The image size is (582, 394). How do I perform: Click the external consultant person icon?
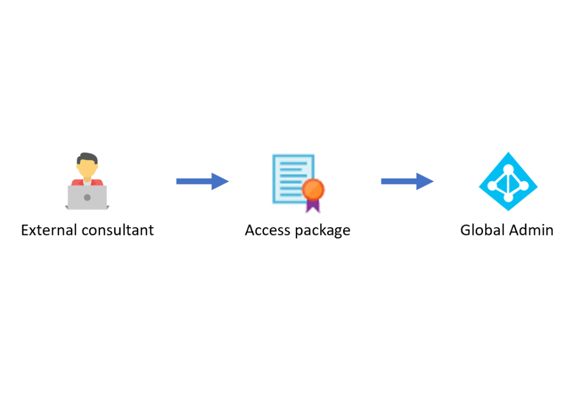[86, 181]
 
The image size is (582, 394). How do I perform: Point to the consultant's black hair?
[87, 157]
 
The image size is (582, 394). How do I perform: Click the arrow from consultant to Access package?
[202, 181]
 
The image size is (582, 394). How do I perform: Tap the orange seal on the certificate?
[312, 188]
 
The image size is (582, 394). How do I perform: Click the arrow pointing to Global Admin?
[407, 181]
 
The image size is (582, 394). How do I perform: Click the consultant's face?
[87, 168]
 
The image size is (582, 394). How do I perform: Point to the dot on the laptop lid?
[87, 198]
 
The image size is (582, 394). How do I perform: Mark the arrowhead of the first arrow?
[220, 181]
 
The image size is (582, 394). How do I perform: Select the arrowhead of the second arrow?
[425, 181]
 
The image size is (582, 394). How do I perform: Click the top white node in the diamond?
[507, 167]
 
